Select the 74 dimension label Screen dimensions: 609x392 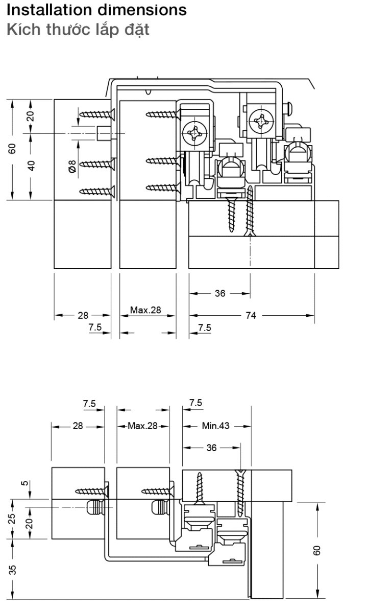click(x=251, y=316)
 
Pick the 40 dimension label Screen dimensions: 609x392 click(x=31, y=166)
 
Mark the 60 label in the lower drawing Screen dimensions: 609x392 click(x=317, y=550)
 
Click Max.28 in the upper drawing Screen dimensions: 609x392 click(x=145, y=310)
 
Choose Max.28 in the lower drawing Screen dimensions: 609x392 click(x=142, y=425)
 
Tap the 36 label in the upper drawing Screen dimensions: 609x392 click(x=219, y=294)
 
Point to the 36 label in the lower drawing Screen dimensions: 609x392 click(x=211, y=447)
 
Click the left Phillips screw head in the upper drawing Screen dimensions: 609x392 click(x=195, y=133)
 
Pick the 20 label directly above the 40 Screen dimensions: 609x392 click(x=31, y=115)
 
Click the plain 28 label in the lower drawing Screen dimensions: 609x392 click(x=77, y=425)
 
